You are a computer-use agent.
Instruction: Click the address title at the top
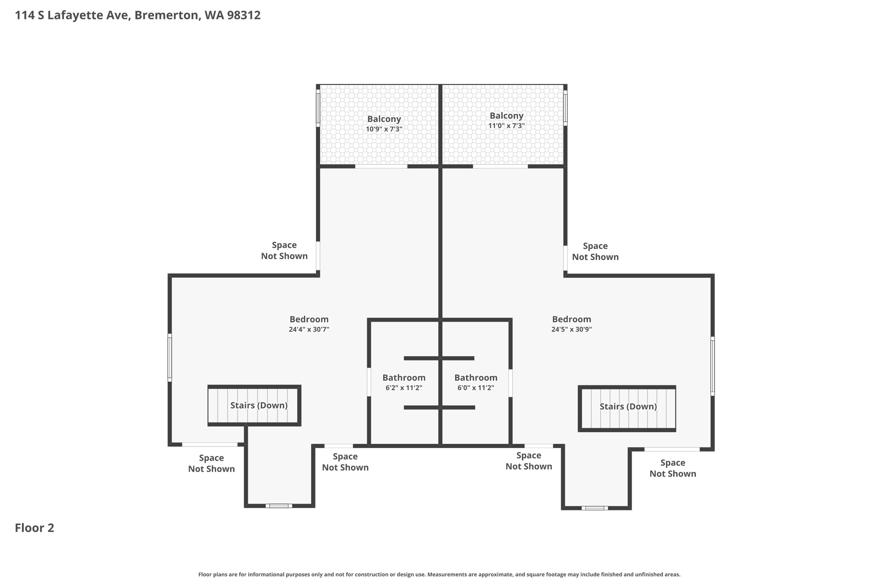[138, 15]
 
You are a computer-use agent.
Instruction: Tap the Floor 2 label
[34, 528]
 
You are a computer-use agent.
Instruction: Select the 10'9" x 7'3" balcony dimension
[384, 129]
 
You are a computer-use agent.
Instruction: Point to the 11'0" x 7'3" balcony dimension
[506, 126]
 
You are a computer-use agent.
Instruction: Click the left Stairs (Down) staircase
[254, 406]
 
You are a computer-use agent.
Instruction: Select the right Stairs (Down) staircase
[627, 408]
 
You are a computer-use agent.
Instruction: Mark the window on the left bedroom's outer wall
[170, 358]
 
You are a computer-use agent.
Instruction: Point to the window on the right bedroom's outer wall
[712, 366]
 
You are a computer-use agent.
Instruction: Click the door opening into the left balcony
[381, 166]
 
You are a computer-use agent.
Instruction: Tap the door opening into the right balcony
[500, 166]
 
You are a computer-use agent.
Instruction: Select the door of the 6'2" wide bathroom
[369, 382]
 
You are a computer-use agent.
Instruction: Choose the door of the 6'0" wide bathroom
[511, 383]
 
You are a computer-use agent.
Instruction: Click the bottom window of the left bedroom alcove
[279, 506]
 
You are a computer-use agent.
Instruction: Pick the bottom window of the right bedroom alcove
[595, 508]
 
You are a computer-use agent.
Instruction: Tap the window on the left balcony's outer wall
[318, 108]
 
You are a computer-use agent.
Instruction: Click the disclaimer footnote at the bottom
[439, 574]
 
